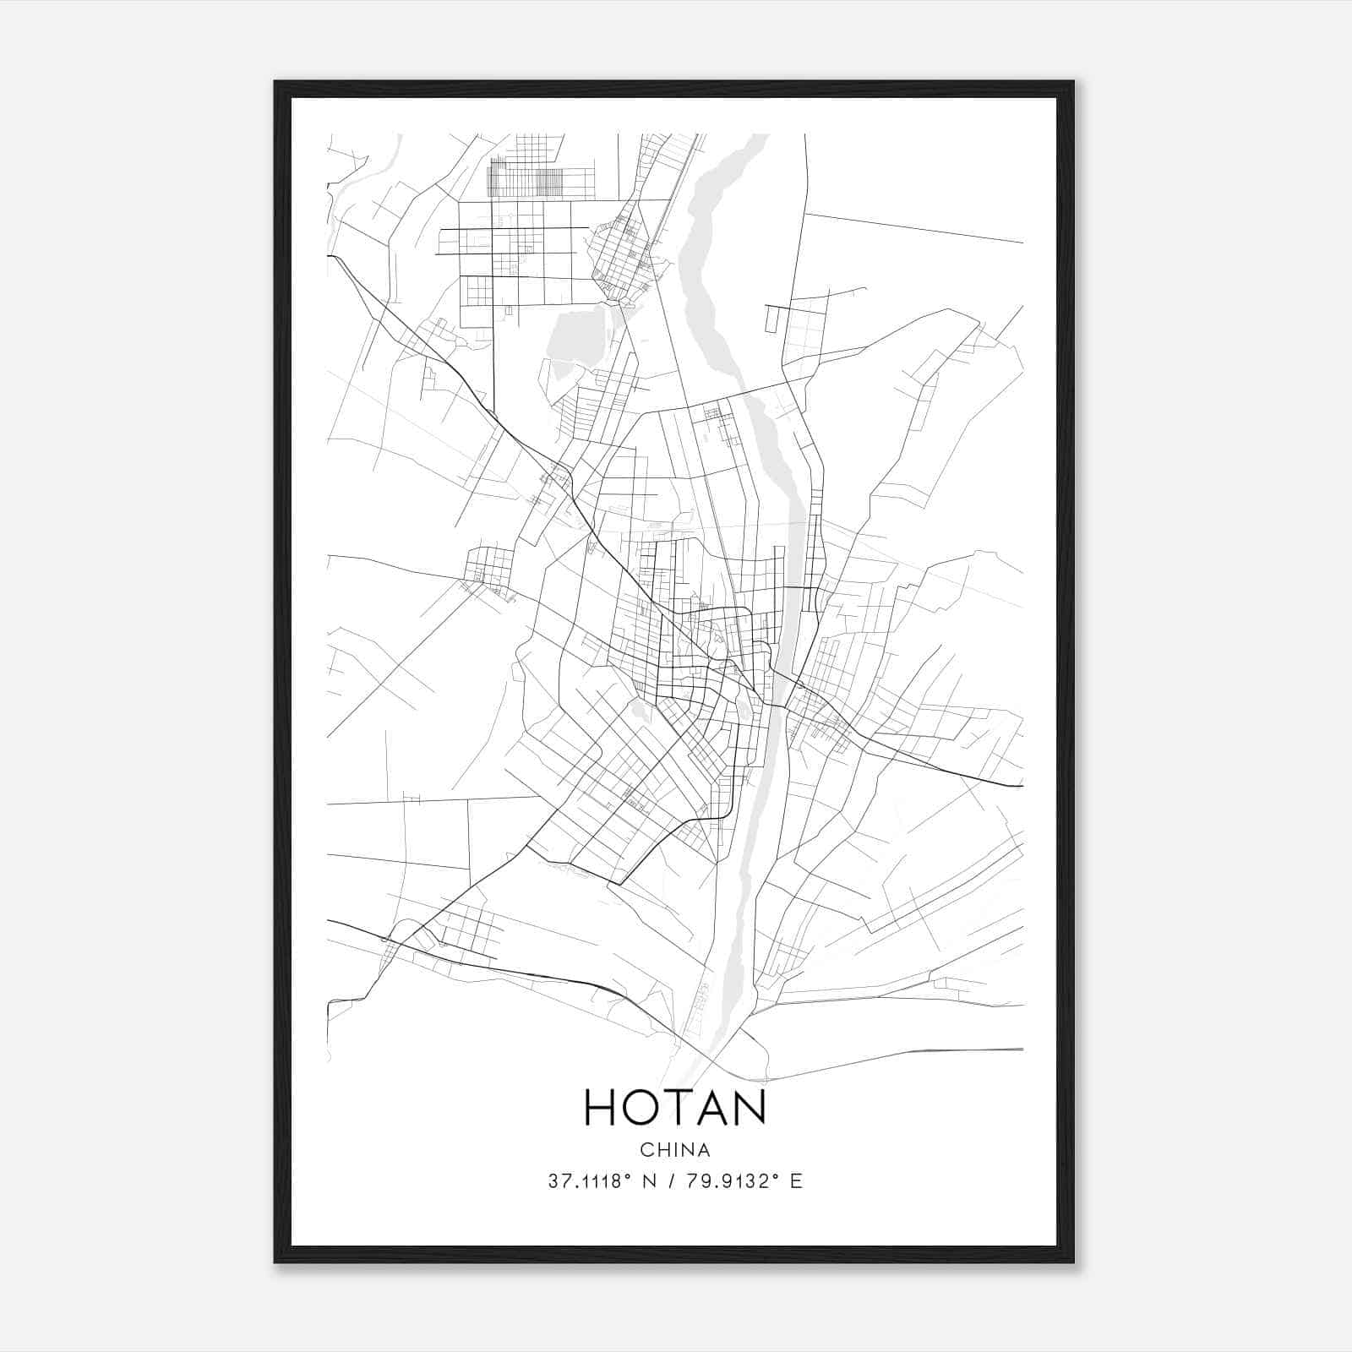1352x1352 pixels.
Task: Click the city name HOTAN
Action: coord(674,1107)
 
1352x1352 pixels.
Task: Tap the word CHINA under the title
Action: coord(674,1150)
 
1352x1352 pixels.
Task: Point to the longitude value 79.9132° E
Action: coord(744,1181)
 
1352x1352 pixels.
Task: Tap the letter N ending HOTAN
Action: coord(749,1107)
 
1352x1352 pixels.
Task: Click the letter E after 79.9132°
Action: coord(796,1181)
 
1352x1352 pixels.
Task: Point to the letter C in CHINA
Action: coord(646,1150)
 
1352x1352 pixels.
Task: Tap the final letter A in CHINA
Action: coord(704,1150)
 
